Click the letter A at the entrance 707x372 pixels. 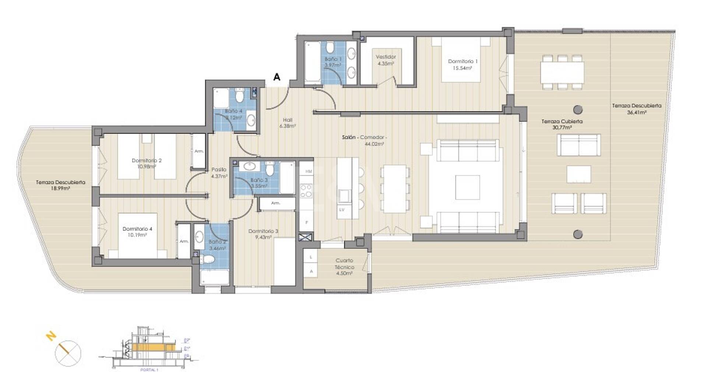tap(277, 77)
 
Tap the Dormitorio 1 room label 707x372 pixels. tap(462, 64)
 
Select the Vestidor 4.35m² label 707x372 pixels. tap(386, 60)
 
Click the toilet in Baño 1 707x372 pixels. tap(330, 47)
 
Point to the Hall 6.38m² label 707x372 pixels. tap(288, 123)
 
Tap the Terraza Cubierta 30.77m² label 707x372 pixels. tap(562, 124)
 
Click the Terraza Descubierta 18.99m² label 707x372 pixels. tap(60, 185)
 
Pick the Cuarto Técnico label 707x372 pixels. tap(344, 267)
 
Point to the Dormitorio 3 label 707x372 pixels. tap(263, 234)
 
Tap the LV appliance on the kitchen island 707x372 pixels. tap(342, 210)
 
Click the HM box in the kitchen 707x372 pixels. tap(308, 171)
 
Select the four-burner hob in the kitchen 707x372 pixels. tap(306, 190)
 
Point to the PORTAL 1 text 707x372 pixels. tap(149, 369)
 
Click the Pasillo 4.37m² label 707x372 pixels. tap(219, 173)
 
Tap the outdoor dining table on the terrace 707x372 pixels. tap(562, 73)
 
